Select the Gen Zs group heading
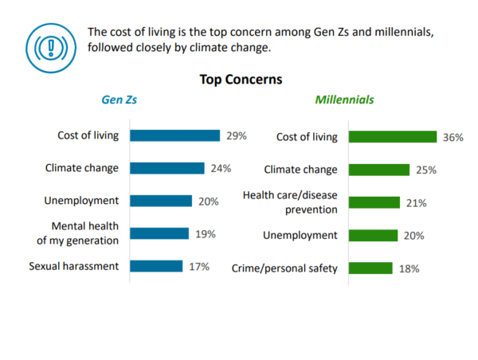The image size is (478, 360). (x=119, y=100)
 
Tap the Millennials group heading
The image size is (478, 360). (x=344, y=100)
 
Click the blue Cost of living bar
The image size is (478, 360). (x=174, y=135)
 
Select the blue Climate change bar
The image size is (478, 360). (x=167, y=168)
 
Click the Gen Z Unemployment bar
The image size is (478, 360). (x=161, y=201)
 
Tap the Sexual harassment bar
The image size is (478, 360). (x=156, y=266)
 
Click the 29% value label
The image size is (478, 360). (x=237, y=135)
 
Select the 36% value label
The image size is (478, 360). (x=453, y=137)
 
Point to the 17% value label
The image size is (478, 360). (x=199, y=267)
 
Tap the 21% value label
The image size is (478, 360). (x=417, y=203)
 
